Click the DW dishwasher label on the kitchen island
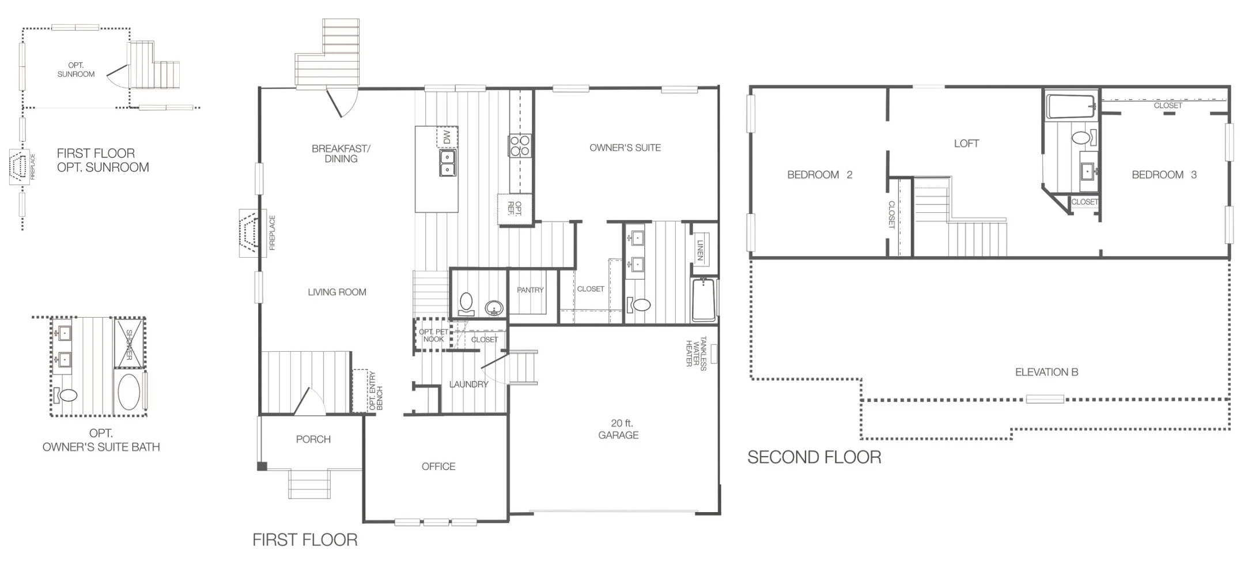click(x=447, y=137)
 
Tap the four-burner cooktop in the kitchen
click(x=519, y=145)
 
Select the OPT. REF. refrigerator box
click(x=515, y=208)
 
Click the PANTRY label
click(x=530, y=290)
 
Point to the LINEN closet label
click(x=701, y=250)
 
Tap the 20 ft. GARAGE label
click(x=618, y=430)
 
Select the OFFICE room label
click(x=438, y=467)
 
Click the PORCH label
click(x=313, y=439)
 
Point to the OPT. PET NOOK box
click(x=433, y=336)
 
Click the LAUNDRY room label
click(x=468, y=384)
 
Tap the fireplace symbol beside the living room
click(x=250, y=233)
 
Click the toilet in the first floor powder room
click(x=466, y=304)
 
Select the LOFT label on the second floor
click(x=966, y=144)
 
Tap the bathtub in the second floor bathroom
click(x=1071, y=107)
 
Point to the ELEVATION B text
click(x=1046, y=373)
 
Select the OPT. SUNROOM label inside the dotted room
click(x=76, y=70)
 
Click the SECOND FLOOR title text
click(x=814, y=457)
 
